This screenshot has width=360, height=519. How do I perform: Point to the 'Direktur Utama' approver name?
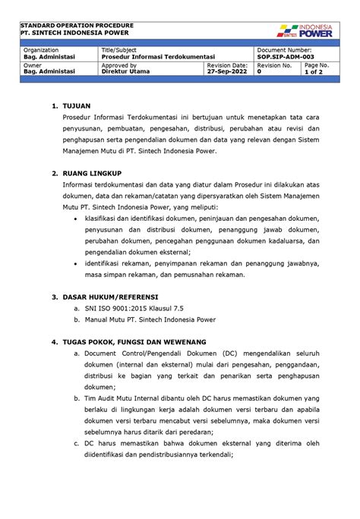tap(125, 72)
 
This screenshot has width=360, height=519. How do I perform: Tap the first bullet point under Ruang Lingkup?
tap(74, 217)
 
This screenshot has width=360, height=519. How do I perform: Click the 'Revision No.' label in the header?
tap(274, 65)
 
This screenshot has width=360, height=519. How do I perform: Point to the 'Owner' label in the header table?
tap(33, 65)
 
